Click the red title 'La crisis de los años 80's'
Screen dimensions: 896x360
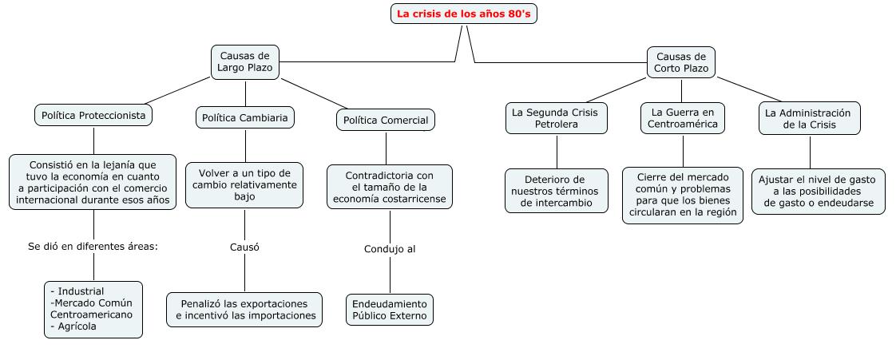click(x=464, y=14)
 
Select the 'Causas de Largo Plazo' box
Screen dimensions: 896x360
click(x=244, y=62)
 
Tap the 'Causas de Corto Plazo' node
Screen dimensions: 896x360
click(x=680, y=62)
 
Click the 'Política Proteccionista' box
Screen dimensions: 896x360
click(x=93, y=116)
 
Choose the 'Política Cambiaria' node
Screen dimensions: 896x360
click(x=245, y=118)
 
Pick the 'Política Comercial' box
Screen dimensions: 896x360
click(x=386, y=121)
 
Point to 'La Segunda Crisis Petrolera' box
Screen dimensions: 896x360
click(x=556, y=119)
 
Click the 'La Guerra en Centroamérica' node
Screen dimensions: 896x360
click(x=683, y=118)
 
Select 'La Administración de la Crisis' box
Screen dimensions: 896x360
click(x=810, y=119)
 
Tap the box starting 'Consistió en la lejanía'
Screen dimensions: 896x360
click(x=93, y=183)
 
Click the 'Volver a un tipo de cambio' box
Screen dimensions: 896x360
click(x=244, y=184)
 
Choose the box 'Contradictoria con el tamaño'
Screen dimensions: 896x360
click(x=389, y=187)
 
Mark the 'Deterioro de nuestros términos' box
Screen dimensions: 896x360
click(x=556, y=191)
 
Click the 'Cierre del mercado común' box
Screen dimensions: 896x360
click(x=683, y=196)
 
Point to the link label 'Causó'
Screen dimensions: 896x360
click(x=244, y=247)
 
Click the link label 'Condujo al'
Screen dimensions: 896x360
click(x=390, y=249)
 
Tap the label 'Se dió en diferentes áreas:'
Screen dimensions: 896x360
click(x=93, y=246)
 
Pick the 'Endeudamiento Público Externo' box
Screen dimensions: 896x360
click(x=390, y=310)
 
